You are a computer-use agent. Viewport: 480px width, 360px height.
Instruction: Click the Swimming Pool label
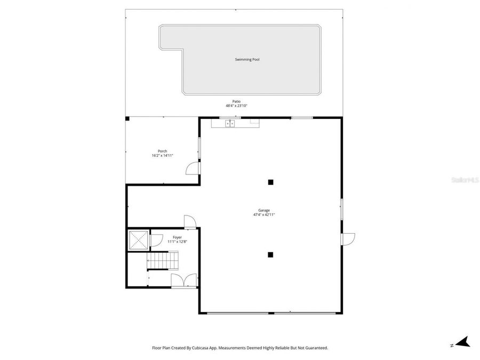tap(247, 60)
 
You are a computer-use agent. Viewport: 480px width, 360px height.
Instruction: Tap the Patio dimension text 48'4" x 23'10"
tap(236, 106)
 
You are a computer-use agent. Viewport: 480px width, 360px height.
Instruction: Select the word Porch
tap(162, 151)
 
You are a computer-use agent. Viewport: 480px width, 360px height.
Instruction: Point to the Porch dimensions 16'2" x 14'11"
tap(162, 156)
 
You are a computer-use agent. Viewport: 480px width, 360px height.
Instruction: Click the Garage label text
tap(263, 210)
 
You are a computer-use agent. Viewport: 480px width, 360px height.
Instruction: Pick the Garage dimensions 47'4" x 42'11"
tap(263, 215)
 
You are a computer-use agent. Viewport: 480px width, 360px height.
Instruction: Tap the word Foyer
tap(177, 237)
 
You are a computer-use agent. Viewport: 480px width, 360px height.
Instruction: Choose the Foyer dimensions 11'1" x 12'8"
tap(177, 242)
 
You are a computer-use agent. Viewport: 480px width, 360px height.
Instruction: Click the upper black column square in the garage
tap(270, 182)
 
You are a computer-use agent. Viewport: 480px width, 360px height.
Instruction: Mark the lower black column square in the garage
tap(270, 254)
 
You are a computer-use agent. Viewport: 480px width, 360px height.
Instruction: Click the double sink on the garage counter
tap(230, 124)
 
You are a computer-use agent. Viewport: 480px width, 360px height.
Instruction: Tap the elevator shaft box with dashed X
tap(139, 241)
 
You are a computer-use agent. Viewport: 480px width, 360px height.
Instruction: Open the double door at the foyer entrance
tap(184, 281)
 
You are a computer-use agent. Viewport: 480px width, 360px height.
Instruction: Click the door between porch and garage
tap(193, 168)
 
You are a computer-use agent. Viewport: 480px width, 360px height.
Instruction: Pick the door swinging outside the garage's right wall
tap(348, 238)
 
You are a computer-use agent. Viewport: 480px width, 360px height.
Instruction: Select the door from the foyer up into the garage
tap(190, 221)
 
